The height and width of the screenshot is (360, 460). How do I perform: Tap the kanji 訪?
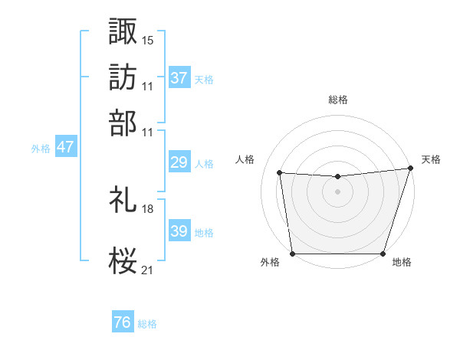pyautogui.click(x=123, y=77)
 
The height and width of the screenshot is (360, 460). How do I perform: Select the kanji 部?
pyautogui.click(x=123, y=122)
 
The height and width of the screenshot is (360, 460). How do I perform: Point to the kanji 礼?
pyautogui.click(x=123, y=200)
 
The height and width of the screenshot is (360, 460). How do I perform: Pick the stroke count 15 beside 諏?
pyautogui.click(x=148, y=39)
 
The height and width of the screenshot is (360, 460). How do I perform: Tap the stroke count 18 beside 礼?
pyautogui.click(x=148, y=208)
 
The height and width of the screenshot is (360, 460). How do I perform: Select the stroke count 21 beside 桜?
pyautogui.click(x=148, y=269)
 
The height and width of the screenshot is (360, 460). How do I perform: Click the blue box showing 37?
pyautogui.click(x=179, y=78)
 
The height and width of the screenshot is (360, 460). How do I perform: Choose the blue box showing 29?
pyautogui.click(x=179, y=162)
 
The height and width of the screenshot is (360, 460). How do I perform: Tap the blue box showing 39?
pyautogui.click(x=179, y=231)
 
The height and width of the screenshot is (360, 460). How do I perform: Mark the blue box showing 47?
pyautogui.click(x=65, y=148)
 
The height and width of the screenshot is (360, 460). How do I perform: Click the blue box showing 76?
pyautogui.click(x=123, y=323)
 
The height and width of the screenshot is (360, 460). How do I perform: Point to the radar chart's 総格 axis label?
pyautogui.click(x=338, y=100)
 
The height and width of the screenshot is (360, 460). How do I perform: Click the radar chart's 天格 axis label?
pyautogui.click(x=431, y=159)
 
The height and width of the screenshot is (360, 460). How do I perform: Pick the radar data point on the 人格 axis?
pyautogui.click(x=280, y=173)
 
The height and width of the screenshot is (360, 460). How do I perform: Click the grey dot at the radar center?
pyautogui.click(x=338, y=191)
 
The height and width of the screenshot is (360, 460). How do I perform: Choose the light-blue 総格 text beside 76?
pyautogui.click(x=148, y=324)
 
